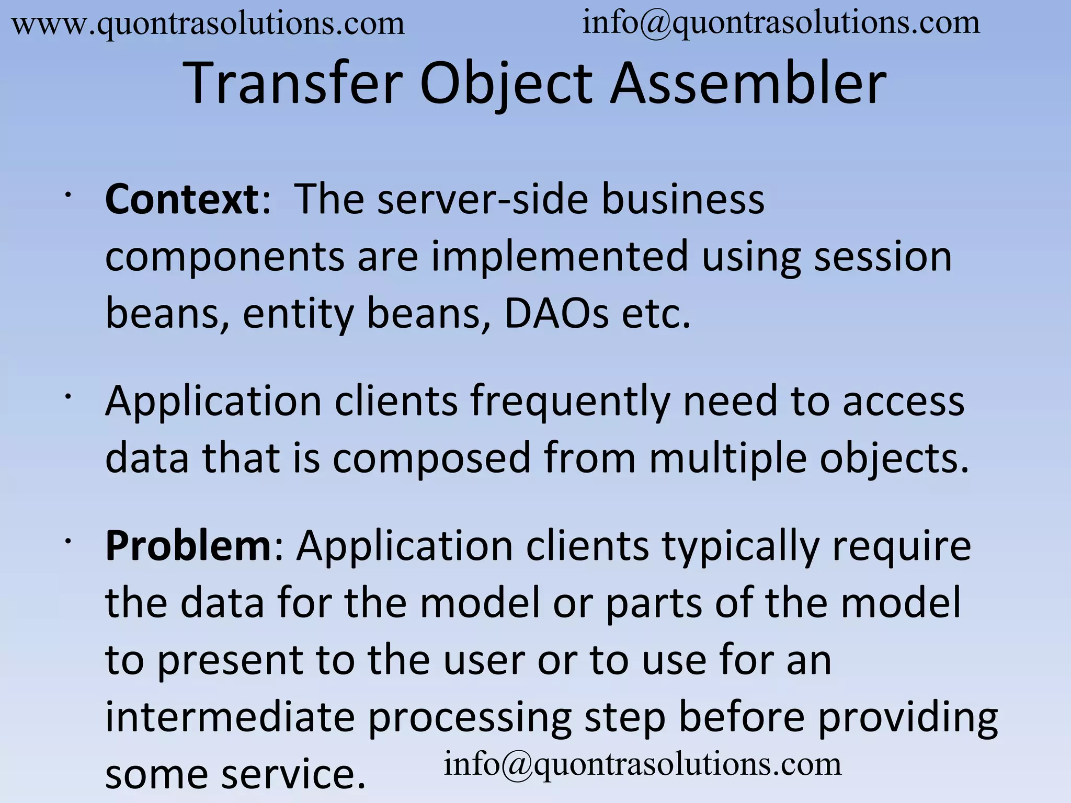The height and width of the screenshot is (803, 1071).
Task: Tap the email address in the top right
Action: click(781, 24)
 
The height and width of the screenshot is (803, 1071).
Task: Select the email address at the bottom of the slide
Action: click(643, 764)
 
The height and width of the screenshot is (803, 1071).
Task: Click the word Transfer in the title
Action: click(294, 84)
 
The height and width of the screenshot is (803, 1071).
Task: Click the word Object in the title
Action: click(506, 84)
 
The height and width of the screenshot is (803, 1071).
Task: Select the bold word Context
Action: click(181, 200)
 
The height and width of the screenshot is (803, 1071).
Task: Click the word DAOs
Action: click(556, 314)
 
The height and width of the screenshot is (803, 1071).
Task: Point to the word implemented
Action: click(559, 257)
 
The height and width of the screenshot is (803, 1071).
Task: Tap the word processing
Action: click(469, 718)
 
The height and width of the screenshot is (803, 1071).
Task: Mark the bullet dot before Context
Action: click(67, 196)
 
